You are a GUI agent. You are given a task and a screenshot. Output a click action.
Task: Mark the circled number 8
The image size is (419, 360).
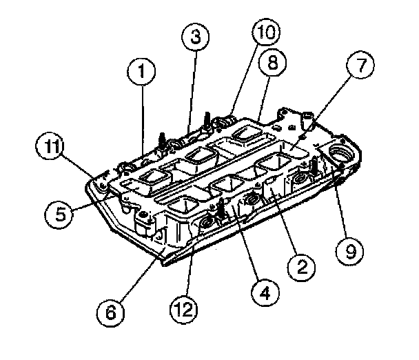point(272,64)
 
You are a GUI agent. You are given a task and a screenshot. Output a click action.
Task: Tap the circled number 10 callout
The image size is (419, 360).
point(265,32)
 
